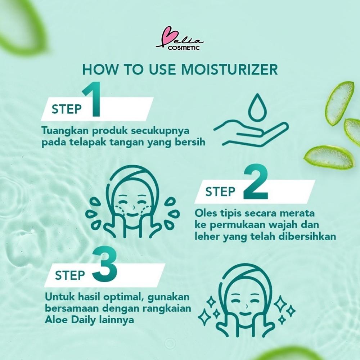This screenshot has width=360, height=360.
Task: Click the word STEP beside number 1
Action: point(67,109)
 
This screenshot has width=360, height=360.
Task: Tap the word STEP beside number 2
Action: point(220,192)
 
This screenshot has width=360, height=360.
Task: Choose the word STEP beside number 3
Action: point(70,275)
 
